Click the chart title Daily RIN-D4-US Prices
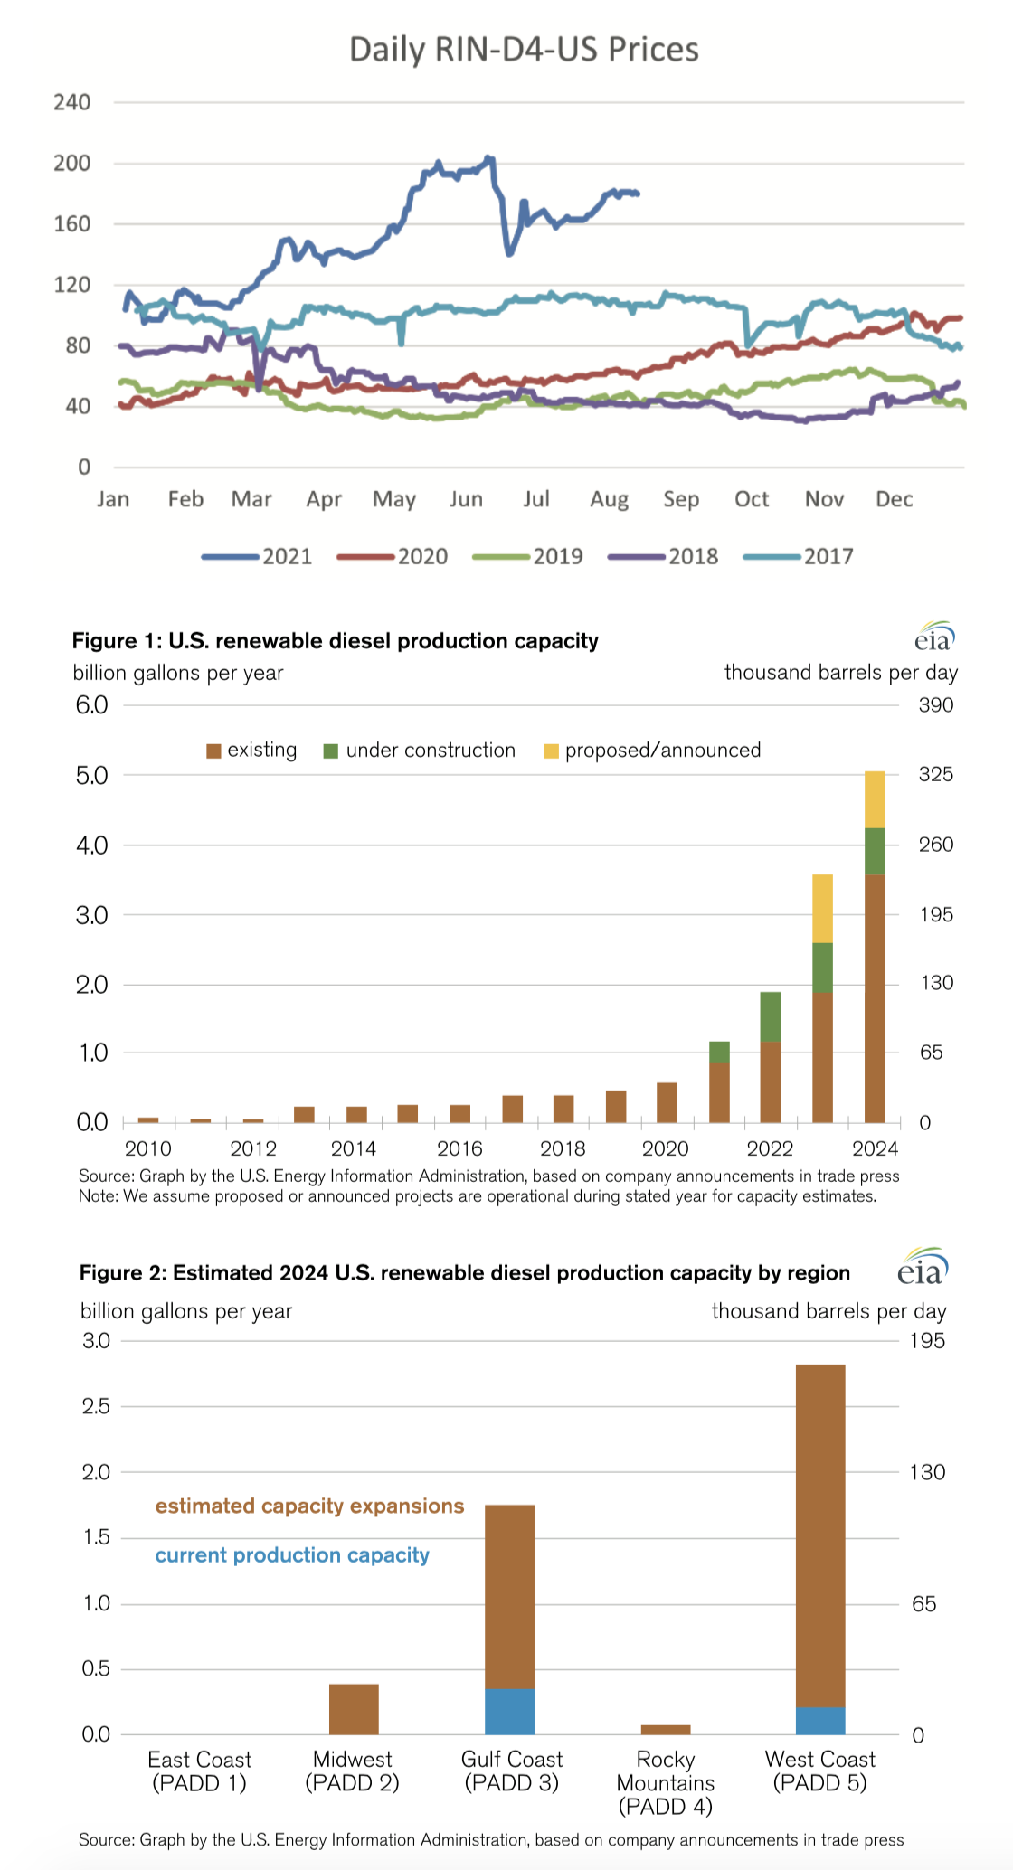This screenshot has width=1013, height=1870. [x=524, y=50]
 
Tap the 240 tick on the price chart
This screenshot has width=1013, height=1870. [x=72, y=102]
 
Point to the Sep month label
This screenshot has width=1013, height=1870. [x=681, y=499]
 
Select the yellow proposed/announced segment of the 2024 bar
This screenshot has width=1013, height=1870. [x=875, y=799]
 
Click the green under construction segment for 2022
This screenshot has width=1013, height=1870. [x=770, y=1016]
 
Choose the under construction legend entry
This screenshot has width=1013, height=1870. [x=420, y=751]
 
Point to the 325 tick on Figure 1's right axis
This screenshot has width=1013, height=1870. [x=936, y=775]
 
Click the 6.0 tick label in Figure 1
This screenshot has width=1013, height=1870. [x=91, y=705]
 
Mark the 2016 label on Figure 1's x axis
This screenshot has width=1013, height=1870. [x=459, y=1149]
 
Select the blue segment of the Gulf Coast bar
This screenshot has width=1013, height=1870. [x=509, y=1711]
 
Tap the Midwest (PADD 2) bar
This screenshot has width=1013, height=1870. [x=354, y=1709]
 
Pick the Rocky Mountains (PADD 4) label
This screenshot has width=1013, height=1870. [x=666, y=1782]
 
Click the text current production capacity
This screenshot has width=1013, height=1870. [x=292, y=1555]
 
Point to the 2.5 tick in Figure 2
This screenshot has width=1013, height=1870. [x=96, y=1406]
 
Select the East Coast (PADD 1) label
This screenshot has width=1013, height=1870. [x=199, y=1771]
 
